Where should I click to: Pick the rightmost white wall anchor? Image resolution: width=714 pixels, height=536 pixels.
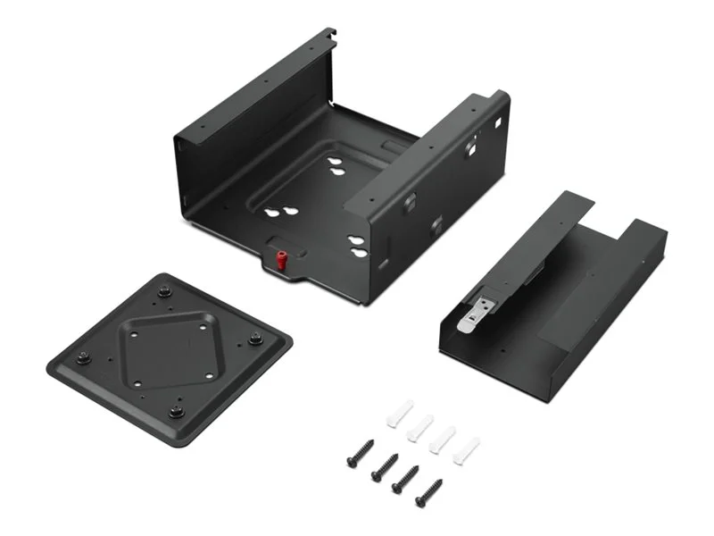[x=466, y=449]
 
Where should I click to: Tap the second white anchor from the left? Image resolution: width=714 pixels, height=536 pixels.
[x=420, y=426]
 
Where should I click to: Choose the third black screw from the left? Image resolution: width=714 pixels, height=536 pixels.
[x=407, y=477]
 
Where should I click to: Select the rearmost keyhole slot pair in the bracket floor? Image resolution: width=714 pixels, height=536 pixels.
[x=337, y=166]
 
